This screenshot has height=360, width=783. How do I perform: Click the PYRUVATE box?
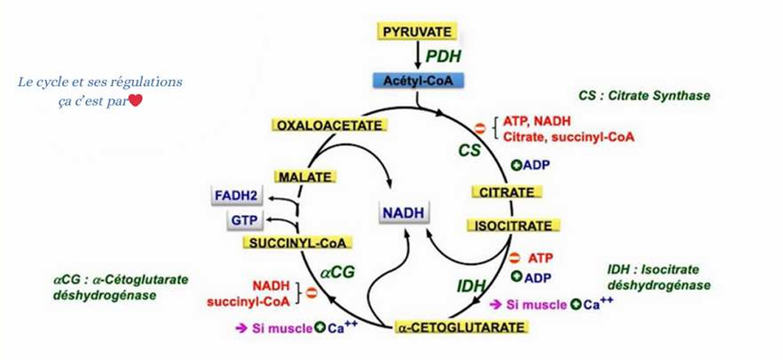(417, 32)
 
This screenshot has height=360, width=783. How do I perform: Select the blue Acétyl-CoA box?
(418, 81)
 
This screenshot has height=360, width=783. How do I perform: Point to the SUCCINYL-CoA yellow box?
(298, 242)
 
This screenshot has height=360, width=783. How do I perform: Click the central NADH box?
(403, 212)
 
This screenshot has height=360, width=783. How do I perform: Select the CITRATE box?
(507, 192)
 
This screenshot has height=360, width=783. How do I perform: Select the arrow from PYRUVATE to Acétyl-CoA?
(417, 56)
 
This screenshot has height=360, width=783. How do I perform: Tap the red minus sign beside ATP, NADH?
(480, 129)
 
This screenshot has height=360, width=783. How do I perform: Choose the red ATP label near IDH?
(540, 258)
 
